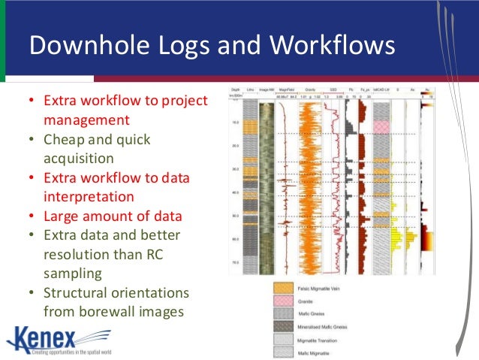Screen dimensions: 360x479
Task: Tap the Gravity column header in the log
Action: pos(309,89)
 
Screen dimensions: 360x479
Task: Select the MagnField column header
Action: pos(285,89)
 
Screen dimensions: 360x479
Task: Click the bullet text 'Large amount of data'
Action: pos(113,216)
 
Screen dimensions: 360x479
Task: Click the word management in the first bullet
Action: pos(86,119)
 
